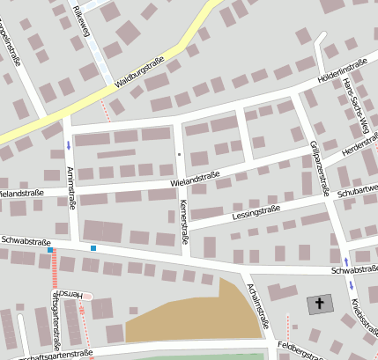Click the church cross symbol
pos(320,305)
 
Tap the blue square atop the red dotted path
pos(50,250)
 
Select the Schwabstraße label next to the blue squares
pos(25,239)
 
